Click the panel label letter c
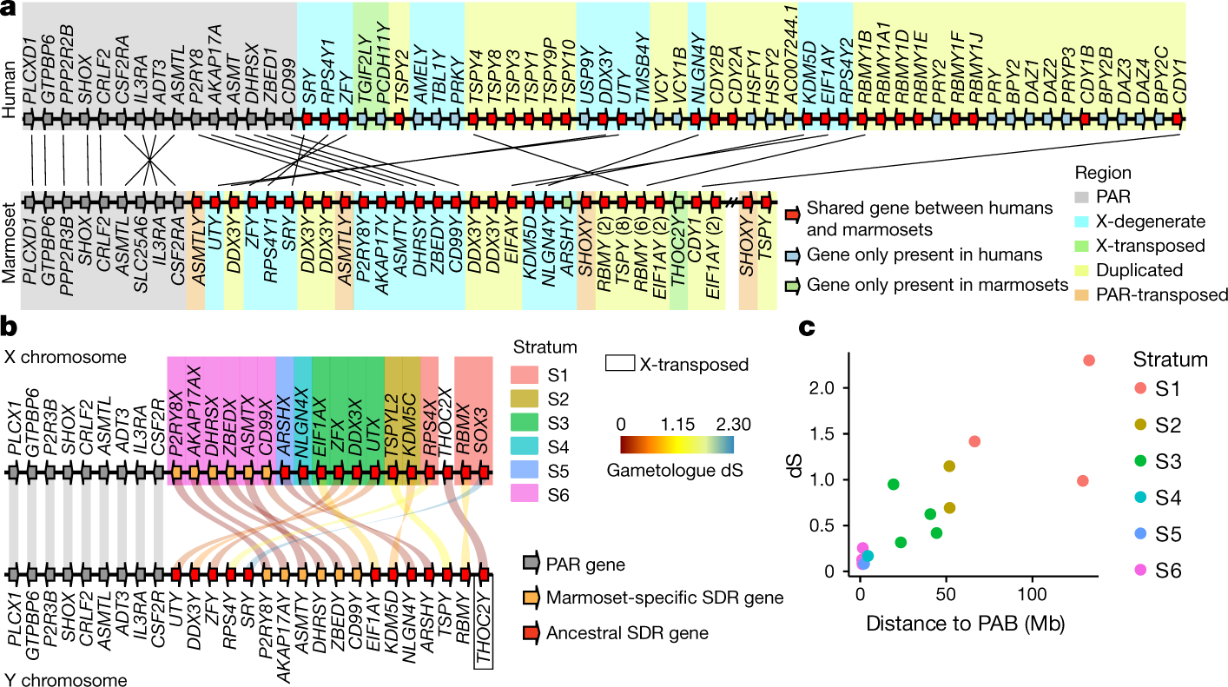tap(807, 327)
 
